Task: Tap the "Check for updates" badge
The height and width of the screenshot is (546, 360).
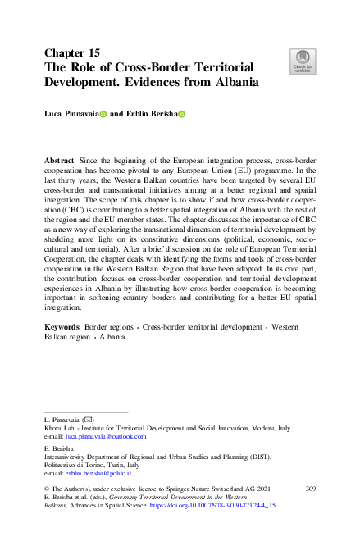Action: [x=303, y=61]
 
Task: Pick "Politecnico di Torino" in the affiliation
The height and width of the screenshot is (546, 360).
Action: [x=77, y=464]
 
